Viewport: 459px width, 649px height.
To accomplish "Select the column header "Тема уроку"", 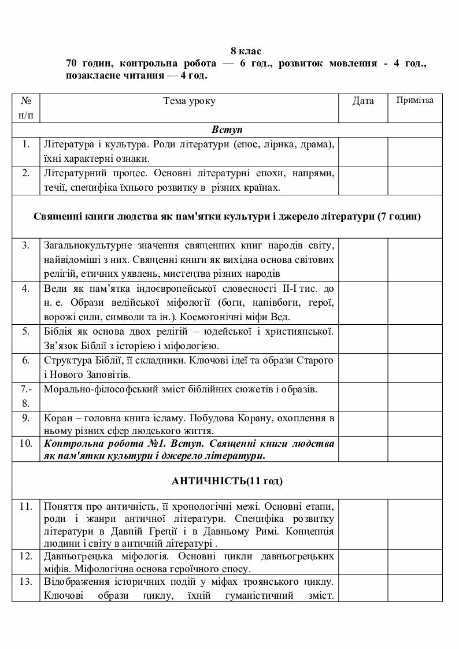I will (x=189, y=101).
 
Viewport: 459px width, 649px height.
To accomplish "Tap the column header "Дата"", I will (x=363, y=101).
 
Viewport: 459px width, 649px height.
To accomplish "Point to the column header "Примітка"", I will (x=414, y=101).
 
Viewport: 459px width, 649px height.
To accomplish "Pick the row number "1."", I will (x=25, y=144).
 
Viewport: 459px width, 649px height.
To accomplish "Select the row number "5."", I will (x=25, y=332).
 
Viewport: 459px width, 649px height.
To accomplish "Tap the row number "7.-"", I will (x=25, y=389).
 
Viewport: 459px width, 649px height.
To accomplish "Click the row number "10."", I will (x=25, y=444).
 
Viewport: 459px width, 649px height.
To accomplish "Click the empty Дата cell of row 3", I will (x=363, y=259).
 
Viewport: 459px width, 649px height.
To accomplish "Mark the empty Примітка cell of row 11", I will (x=414, y=525).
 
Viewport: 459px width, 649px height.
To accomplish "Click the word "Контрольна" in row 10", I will (x=71, y=444).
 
